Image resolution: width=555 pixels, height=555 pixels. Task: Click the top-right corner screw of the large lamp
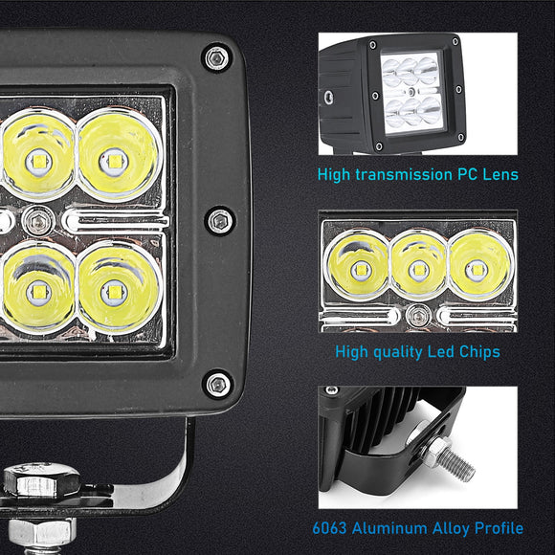tap(217, 58)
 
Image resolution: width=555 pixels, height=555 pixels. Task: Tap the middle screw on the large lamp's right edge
tap(219, 221)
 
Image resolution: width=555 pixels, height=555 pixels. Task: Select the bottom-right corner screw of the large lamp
tap(218, 385)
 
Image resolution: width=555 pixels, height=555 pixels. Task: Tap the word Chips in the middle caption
tap(479, 352)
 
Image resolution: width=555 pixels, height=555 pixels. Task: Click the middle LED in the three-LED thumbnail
tap(418, 267)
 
